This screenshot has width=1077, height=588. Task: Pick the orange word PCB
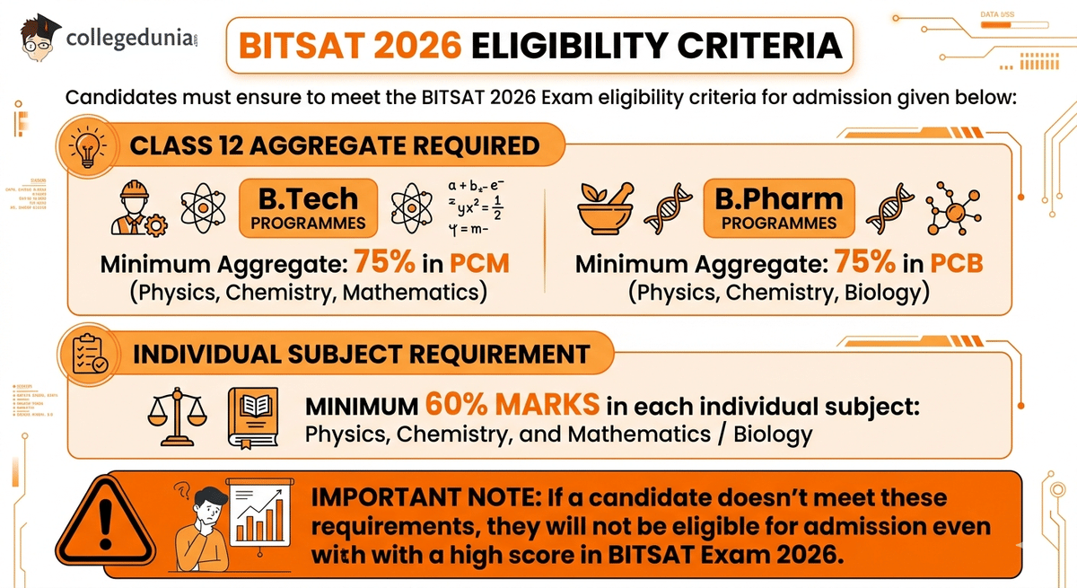[x=956, y=264]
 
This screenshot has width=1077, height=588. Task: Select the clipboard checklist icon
[x=89, y=353]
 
